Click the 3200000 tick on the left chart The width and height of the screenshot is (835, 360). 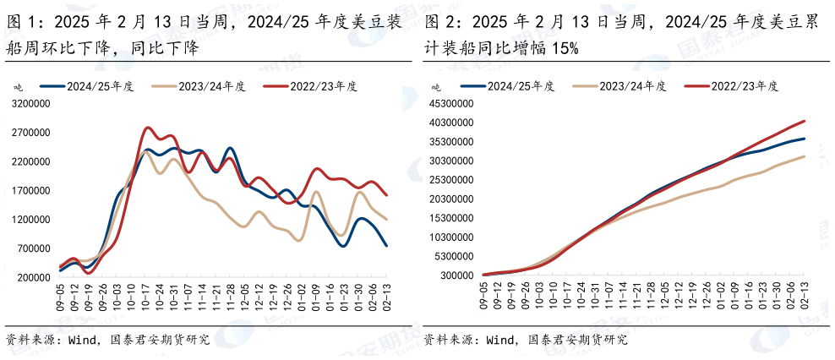(x=30, y=104)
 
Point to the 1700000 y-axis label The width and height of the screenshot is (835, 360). (x=30, y=191)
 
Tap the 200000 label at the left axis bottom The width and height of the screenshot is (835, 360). (x=32, y=277)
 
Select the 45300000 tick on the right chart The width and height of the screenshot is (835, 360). (x=450, y=104)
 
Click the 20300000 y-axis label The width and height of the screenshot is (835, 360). (x=450, y=199)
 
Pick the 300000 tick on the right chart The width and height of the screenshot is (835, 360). (x=455, y=276)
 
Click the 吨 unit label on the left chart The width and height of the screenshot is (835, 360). (x=18, y=87)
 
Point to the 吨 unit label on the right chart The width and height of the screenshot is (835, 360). (x=436, y=87)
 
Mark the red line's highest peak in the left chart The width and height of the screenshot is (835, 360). (x=148, y=128)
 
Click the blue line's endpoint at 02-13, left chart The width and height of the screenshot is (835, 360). (x=386, y=245)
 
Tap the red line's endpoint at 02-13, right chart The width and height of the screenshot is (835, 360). (x=805, y=121)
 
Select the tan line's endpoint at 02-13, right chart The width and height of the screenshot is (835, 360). (x=805, y=156)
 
